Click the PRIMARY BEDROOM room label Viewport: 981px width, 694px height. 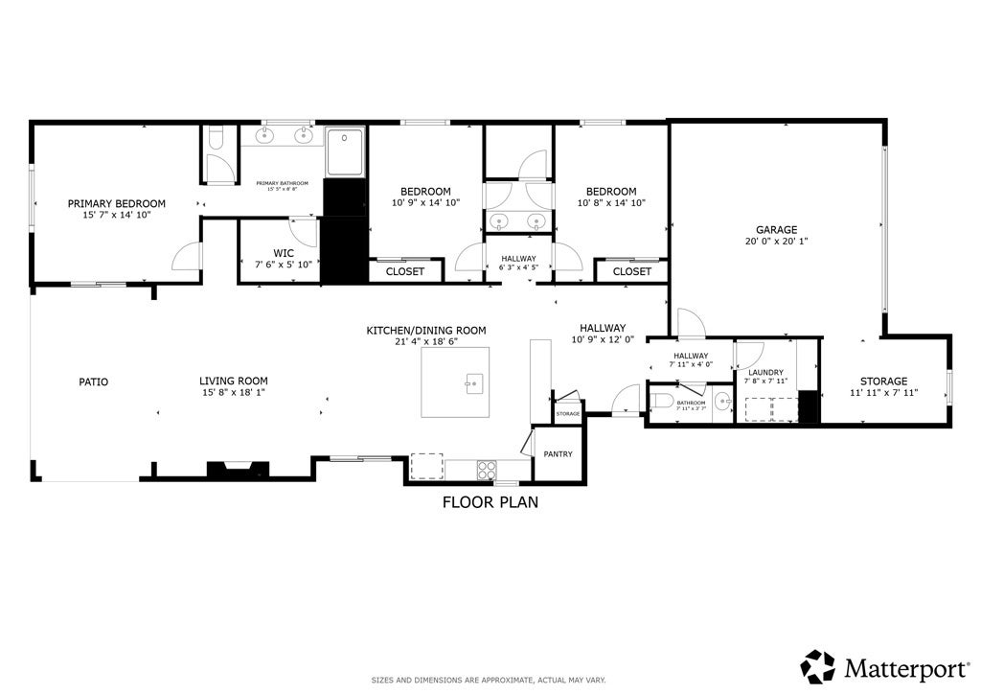[116, 203]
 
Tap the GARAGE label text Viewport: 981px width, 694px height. [776, 230]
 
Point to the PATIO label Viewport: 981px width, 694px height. [93, 382]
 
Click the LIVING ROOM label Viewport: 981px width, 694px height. [233, 381]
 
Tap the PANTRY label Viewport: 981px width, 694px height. [558, 454]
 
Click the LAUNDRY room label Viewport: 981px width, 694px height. [765, 372]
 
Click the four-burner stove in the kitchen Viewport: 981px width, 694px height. [487, 469]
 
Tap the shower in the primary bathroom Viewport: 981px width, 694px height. [345, 152]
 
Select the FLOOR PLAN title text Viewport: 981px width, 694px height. [490, 501]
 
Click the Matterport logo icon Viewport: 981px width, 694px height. [818, 666]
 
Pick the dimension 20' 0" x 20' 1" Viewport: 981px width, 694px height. [776, 242]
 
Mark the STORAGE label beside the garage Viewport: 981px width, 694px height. [882, 382]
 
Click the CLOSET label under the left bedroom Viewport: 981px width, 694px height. [404, 271]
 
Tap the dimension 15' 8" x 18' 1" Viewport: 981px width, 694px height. [233, 392]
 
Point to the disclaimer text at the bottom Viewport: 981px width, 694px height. [489, 680]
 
